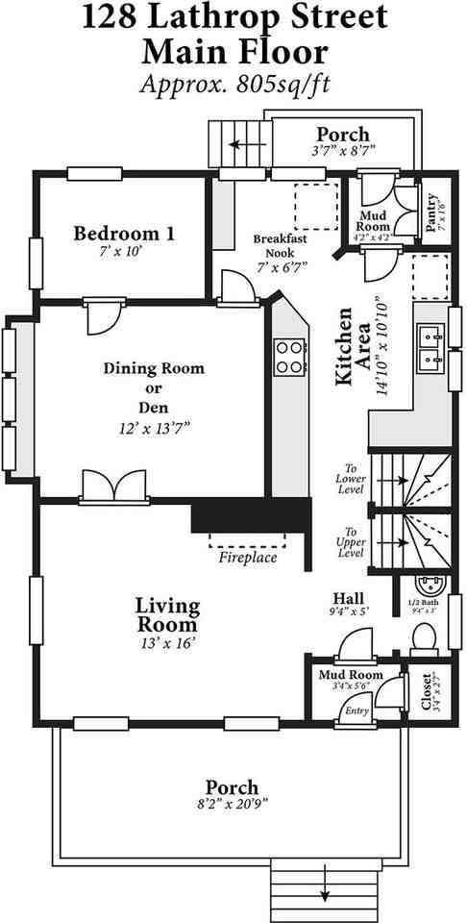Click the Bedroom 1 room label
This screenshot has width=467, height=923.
125,233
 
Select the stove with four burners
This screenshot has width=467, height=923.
289,357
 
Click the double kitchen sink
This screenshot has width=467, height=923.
430,347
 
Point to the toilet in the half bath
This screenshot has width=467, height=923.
425,636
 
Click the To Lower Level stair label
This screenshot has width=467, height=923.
350,484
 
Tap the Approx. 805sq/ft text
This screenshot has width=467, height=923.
234,84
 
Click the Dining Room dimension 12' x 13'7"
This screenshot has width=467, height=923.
155,426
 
